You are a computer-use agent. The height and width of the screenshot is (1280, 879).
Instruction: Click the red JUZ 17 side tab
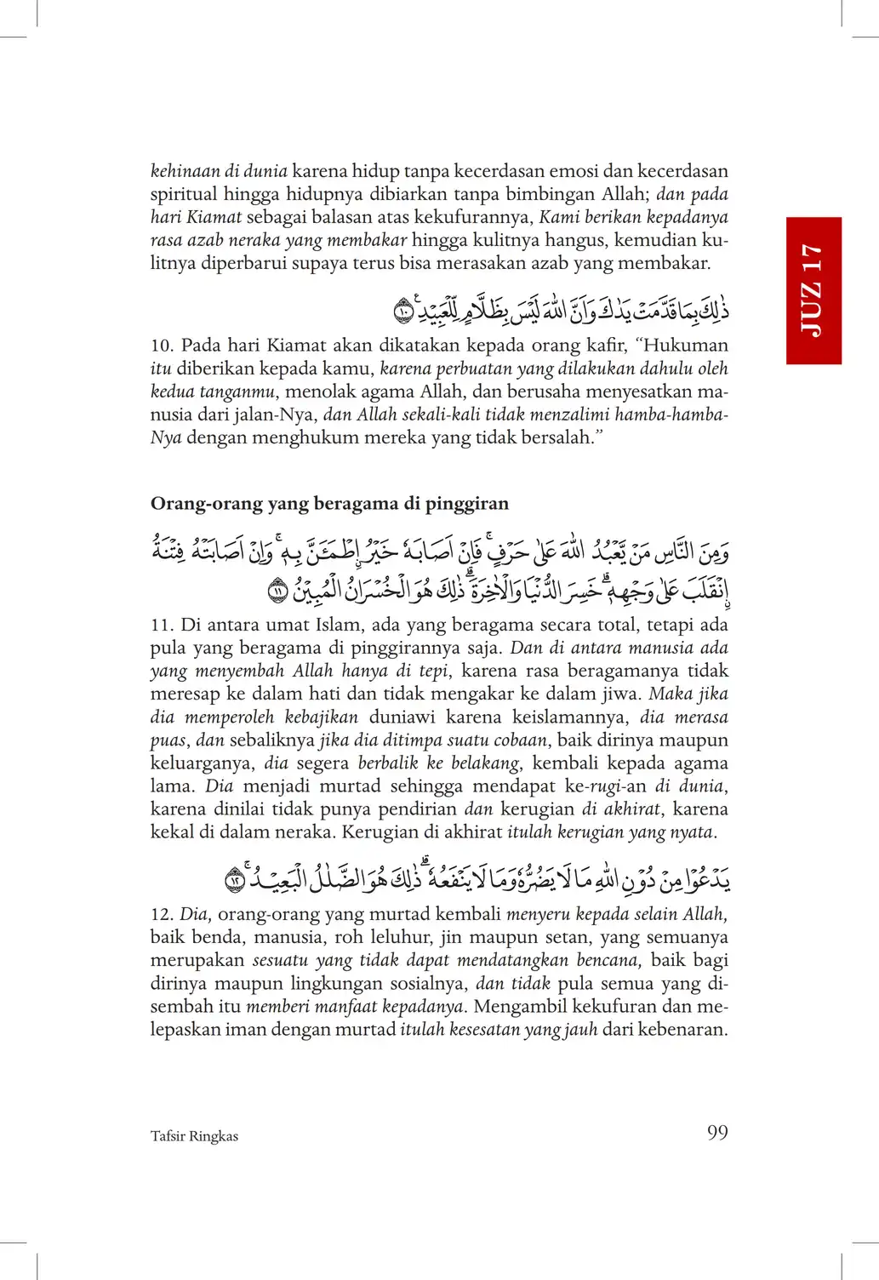point(813,290)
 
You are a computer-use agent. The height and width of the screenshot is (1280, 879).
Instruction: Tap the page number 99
point(717,1133)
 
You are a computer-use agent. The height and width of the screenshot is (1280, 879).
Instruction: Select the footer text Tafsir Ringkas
point(194,1136)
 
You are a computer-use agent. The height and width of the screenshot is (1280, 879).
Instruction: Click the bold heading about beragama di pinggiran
point(329,503)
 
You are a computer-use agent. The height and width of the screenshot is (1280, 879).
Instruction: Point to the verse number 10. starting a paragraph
point(162,346)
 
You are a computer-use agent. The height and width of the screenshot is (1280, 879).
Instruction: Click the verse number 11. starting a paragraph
point(162,625)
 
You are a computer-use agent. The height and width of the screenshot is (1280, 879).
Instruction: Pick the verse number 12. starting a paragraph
point(162,914)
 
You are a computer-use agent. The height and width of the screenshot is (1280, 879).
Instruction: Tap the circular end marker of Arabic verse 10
point(403,312)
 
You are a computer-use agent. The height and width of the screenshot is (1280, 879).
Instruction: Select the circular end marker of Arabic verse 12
point(235,881)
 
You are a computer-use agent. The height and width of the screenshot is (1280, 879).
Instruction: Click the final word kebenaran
point(686,1029)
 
